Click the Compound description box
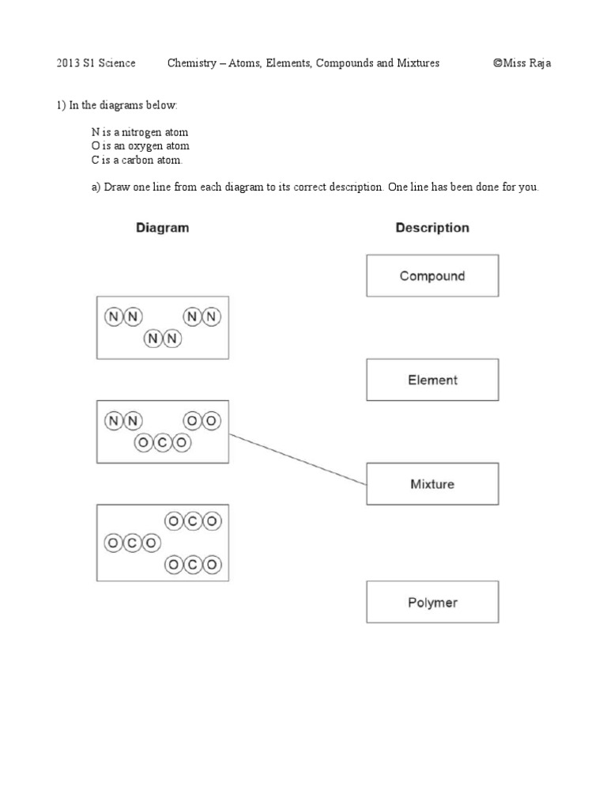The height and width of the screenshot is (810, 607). tap(432, 276)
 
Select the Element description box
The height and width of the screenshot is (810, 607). tap(432, 380)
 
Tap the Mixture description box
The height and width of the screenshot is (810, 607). tap(432, 484)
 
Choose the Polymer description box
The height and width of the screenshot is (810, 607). tap(432, 603)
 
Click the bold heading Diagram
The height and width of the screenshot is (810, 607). tap(162, 228)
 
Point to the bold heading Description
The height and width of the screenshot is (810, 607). tap(432, 228)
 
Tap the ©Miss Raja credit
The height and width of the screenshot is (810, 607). tap(522, 63)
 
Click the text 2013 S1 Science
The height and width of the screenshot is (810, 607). tap(96, 63)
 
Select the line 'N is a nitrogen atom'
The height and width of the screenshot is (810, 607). tap(140, 132)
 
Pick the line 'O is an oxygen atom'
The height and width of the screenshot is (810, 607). tap(140, 146)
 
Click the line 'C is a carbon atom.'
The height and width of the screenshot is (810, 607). tap(137, 161)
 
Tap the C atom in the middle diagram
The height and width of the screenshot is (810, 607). tap(162, 443)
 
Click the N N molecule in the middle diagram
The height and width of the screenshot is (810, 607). tap(123, 421)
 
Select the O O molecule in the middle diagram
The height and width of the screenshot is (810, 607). tap(202, 421)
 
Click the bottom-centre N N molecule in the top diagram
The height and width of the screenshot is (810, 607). tap(162, 339)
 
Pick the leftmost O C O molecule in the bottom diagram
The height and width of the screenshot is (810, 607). tap(132, 543)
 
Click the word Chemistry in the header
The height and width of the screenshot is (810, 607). tap(192, 63)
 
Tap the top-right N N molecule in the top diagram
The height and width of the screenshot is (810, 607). tap(202, 317)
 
